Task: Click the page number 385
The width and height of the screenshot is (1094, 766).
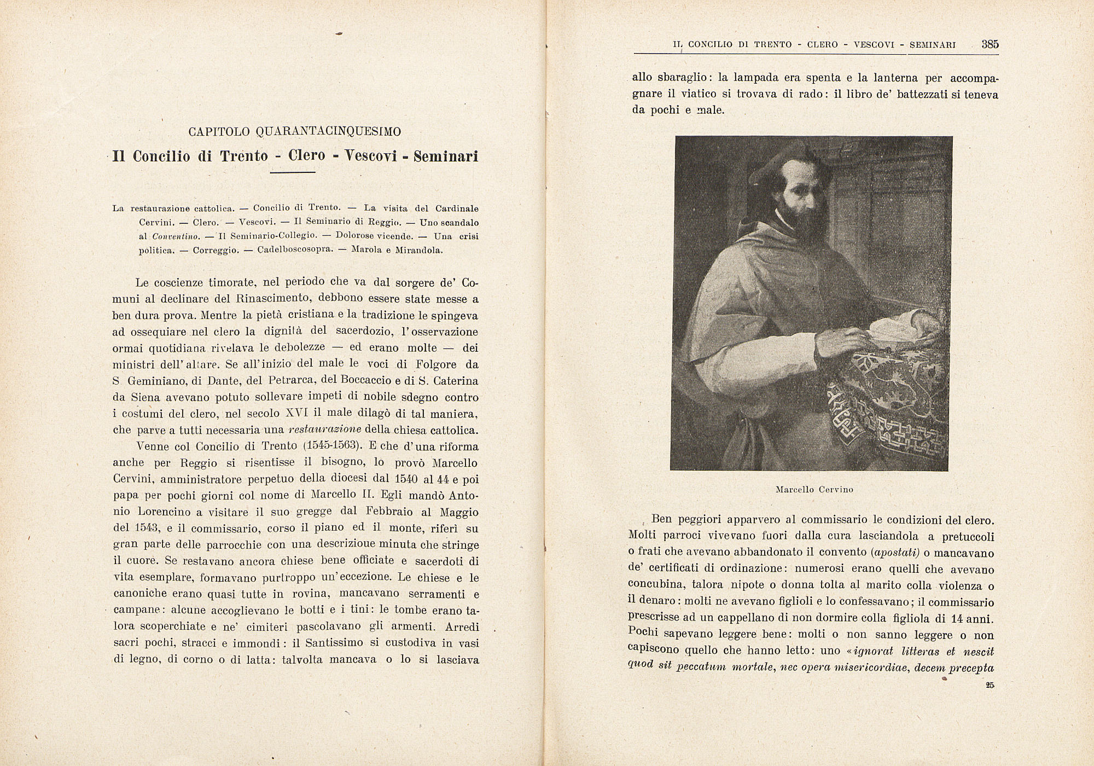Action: [x=990, y=44]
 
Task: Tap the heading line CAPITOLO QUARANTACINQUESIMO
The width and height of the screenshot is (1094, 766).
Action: [x=295, y=132]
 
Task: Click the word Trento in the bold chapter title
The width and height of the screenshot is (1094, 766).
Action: [x=244, y=156]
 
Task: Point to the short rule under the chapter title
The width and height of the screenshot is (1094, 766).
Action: [x=293, y=173]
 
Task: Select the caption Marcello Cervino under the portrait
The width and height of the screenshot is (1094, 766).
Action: [x=814, y=490]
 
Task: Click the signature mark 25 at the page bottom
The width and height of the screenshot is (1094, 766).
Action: [x=990, y=685]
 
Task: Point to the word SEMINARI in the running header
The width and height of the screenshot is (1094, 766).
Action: [x=932, y=45]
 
